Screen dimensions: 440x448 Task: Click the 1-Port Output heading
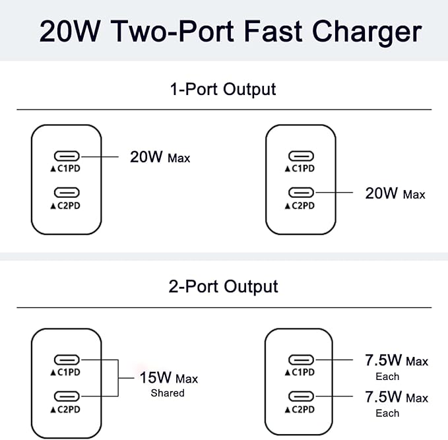click(223, 88)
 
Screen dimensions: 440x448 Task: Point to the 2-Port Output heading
click(223, 286)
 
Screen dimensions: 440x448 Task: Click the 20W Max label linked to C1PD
click(160, 157)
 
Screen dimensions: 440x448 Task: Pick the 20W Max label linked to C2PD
click(395, 193)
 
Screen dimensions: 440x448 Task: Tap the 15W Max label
click(168, 378)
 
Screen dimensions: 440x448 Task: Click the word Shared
click(168, 393)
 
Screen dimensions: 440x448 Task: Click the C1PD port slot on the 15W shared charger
click(67, 360)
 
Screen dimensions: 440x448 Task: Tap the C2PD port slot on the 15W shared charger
click(67, 396)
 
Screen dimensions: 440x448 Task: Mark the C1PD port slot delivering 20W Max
click(67, 156)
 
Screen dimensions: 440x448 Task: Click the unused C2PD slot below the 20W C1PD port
click(67, 193)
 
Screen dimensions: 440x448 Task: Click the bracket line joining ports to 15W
click(117, 378)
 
